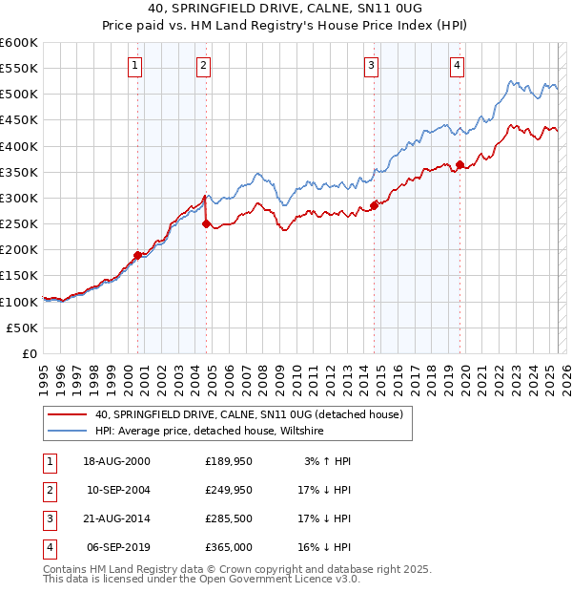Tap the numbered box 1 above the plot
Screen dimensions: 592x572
pyautogui.click(x=134, y=66)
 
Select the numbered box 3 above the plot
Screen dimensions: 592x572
pyautogui.click(x=371, y=66)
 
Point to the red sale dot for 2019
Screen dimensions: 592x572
pyautogui.click(x=460, y=165)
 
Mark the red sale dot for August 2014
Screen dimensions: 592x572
pyautogui.click(x=375, y=204)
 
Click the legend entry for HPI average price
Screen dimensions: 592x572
pyautogui.click(x=210, y=432)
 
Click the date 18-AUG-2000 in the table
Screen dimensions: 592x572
pyautogui.click(x=116, y=461)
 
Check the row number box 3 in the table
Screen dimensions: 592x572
pyautogui.click(x=49, y=518)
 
